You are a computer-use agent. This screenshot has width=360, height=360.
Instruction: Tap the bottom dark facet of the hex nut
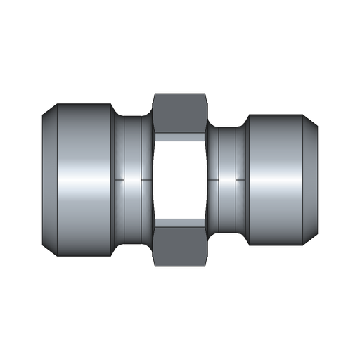tap(180, 243)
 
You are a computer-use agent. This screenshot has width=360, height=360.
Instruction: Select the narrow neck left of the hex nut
tap(134, 155)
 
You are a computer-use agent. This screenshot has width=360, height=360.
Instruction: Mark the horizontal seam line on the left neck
tap(134, 180)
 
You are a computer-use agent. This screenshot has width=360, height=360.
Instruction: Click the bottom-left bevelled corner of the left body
tap(49, 247)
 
